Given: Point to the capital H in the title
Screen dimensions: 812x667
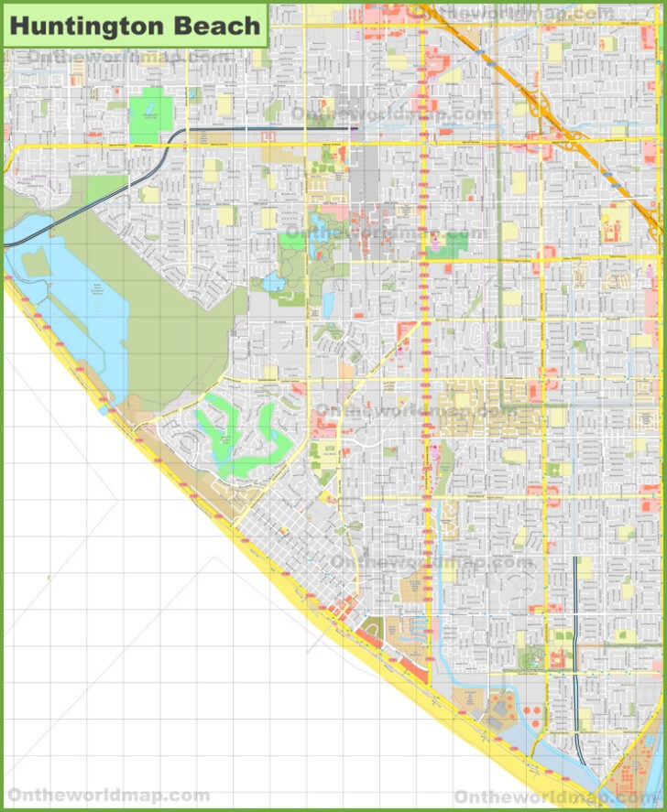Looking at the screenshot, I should pos(18,26).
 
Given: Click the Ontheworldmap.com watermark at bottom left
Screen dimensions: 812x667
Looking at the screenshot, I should pos(108,794).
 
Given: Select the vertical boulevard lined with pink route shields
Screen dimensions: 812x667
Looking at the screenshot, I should pos(424,366).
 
